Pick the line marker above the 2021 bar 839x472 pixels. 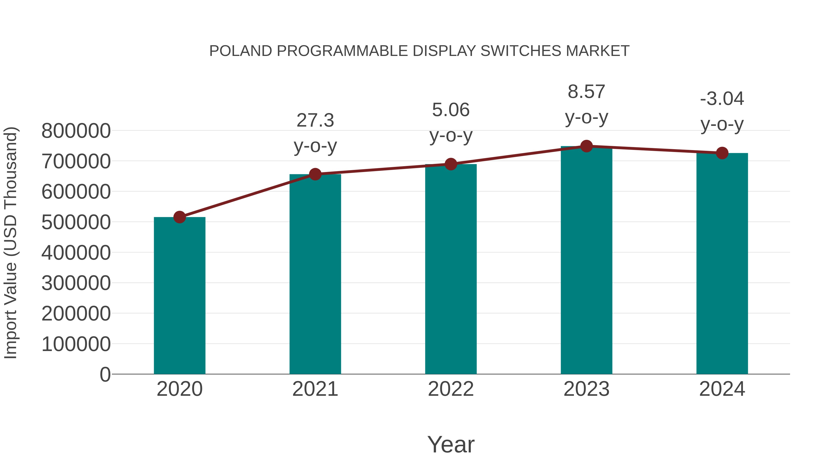(x=315, y=174)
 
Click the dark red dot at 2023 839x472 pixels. (x=586, y=146)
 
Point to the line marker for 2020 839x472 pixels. (x=179, y=217)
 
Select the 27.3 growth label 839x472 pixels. (x=315, y=120)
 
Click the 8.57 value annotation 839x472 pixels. (x=586, y=92)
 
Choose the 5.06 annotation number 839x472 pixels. (x=451, y=110)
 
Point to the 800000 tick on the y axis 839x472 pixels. (x=76, y=131)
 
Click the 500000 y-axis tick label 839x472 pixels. (x=76, y=223)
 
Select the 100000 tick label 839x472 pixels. (x=76, y=344)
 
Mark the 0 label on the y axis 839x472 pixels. (x=105, y=375)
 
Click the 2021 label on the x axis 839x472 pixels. (x=315, y=389)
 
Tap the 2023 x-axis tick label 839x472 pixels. (x=586, y=389)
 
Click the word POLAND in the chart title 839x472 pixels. (x=240, y=51)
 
